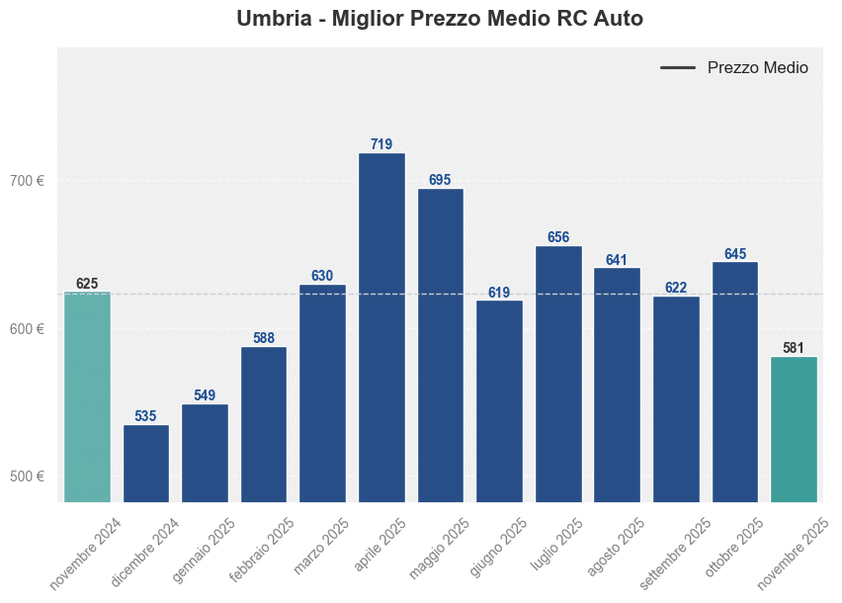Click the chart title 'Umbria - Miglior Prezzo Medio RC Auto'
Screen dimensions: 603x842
tap(440, 19)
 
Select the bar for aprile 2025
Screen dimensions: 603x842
tap(381, 327)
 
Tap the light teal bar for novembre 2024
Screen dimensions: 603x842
tap(87, 396)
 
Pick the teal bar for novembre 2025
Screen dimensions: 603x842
tap(794, 429)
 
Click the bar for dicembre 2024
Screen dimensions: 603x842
tap(146, 464)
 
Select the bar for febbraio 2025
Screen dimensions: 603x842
tap(264, 424)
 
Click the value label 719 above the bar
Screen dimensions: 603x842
tap(381, 144)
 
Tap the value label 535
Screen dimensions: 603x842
tap(146, 416)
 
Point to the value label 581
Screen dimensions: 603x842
tap(794, 348)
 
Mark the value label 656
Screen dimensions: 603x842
tap(558, 237)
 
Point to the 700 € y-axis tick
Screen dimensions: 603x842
tap(27, 181)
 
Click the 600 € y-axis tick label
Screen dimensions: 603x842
tap(27, 329)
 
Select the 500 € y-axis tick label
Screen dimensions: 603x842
tap(27, 476)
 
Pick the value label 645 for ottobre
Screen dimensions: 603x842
tap(735, 254)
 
